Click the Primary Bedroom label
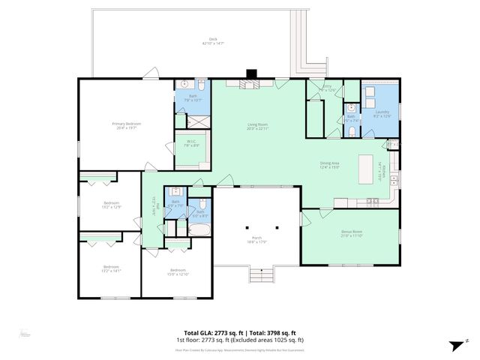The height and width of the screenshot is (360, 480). point(127,125)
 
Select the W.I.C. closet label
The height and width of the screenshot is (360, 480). point(190,144)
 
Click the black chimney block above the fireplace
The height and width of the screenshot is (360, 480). point(253,73)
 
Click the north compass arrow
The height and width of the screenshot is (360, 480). point(454,345)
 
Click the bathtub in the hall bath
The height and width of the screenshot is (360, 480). point(200,229)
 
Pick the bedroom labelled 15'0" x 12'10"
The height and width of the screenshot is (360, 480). point(177,271)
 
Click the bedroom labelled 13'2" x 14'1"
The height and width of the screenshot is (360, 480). point(111,268)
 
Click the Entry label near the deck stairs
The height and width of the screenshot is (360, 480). point(326,88)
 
